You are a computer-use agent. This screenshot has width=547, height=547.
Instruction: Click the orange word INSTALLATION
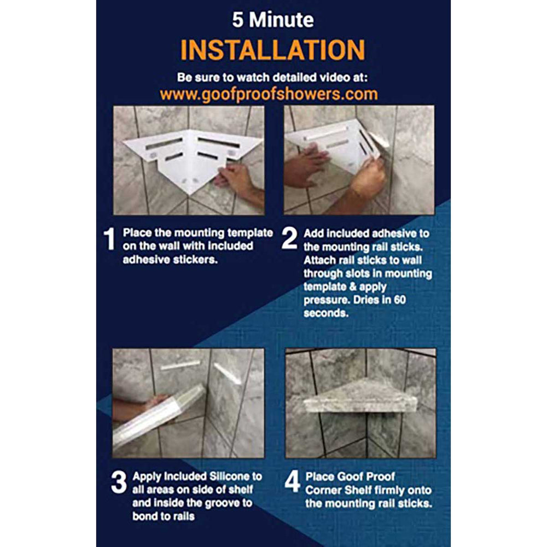272,50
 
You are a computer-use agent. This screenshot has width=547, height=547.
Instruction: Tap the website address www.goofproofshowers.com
269,95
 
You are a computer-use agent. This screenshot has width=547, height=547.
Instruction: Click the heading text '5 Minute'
273,20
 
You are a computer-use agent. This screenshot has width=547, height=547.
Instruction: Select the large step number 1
109,238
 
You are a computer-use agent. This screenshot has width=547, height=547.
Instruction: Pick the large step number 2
289,238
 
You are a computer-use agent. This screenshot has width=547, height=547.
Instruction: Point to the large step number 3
119,482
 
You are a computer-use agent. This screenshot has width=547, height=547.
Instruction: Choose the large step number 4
292,481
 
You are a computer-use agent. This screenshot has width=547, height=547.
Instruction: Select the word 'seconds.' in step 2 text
326,313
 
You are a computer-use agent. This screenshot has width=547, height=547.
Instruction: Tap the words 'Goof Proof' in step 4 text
350,476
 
